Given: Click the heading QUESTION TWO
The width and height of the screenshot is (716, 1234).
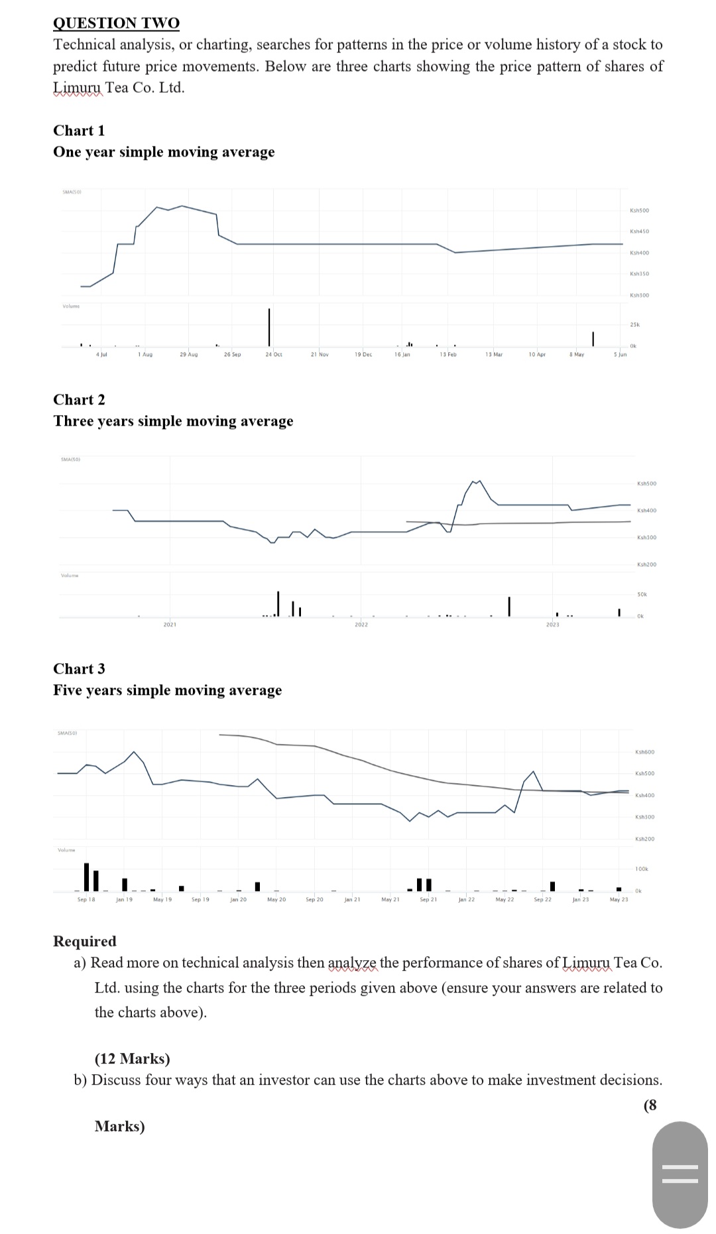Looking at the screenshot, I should pos(116,23).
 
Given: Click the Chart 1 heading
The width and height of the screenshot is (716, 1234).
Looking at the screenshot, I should pos(79,131).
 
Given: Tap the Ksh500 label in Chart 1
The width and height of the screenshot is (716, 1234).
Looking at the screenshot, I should pos(639,210).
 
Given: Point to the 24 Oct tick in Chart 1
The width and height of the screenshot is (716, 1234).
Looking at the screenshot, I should pos(273,355).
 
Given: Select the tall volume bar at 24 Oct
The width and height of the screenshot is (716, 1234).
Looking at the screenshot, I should pos(269,326).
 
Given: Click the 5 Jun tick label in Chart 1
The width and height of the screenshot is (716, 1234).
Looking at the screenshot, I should pos(620,355).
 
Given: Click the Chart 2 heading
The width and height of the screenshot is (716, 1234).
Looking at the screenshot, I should pos(79,400).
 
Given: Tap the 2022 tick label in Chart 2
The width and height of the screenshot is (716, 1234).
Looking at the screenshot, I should pos(361,625).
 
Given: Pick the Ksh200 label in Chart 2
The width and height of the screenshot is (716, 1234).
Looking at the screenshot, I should pos(646,564).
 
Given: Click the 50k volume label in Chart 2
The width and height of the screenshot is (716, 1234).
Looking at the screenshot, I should pos(642,595).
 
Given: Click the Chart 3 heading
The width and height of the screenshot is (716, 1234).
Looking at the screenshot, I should pos(79,669).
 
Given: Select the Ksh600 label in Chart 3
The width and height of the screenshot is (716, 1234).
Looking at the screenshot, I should pos(644,752).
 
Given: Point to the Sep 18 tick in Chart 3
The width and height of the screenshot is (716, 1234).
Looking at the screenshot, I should pos(86,900).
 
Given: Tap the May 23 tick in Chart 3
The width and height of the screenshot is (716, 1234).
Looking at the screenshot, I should pos(619,900).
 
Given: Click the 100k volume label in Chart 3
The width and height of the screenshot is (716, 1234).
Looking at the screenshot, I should pos(642,869).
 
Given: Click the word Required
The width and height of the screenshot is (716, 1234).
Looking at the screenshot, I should pos(84,942).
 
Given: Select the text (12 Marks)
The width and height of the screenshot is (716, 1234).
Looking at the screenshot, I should pos(132,1059).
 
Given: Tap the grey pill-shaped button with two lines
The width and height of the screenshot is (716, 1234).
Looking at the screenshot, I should pos(680,1174).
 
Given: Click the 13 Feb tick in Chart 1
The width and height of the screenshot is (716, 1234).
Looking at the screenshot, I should pos(448,355).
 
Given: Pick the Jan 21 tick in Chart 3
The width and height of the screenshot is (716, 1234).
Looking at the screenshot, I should pos(352,900).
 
